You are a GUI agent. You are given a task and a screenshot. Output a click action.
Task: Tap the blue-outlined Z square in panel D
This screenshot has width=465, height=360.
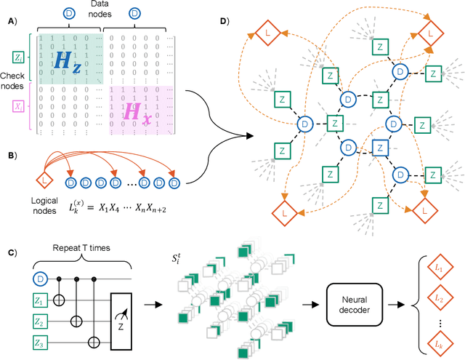[376, 146]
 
